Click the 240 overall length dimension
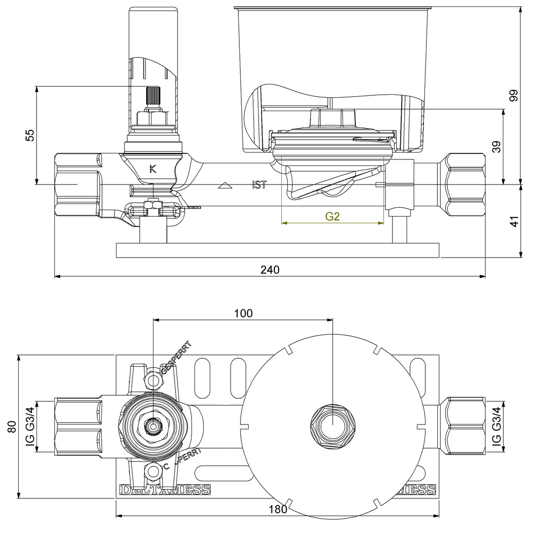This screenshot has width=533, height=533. (x=270, y=269)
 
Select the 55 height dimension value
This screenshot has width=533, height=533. (x=30, y=136)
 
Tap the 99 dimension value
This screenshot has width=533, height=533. (x=514, y=95)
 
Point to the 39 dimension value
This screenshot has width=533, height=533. (x=496, y=147)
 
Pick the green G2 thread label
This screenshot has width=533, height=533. (x=332, y=216)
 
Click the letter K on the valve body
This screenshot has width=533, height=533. (x=153, y=169)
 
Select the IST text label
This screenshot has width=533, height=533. (x=259, y=186)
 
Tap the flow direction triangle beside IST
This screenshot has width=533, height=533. (x=225, y=186)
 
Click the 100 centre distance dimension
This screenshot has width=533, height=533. (x=243, y=313)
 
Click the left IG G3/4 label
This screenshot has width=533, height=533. (x=30, y=427)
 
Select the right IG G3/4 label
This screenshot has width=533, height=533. (x=496, y=427)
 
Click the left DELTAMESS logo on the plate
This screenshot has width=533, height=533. (x=165, y=490)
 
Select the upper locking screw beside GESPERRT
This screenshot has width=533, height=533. (x=153, y=381)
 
